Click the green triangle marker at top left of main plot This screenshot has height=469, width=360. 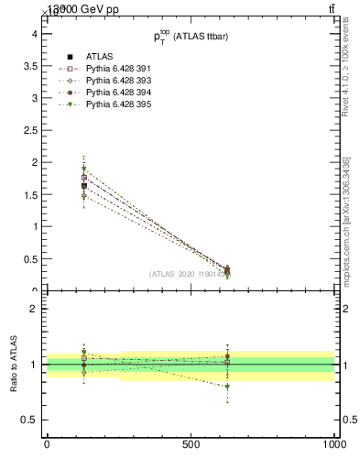(83, 169)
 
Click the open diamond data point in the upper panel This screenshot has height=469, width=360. (83, 196)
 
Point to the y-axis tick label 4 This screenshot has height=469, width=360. (33, 33)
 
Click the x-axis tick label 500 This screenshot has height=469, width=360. (191, 444)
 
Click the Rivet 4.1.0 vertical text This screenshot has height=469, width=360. (345, 69)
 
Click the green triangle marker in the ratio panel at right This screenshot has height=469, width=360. (227, 387)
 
